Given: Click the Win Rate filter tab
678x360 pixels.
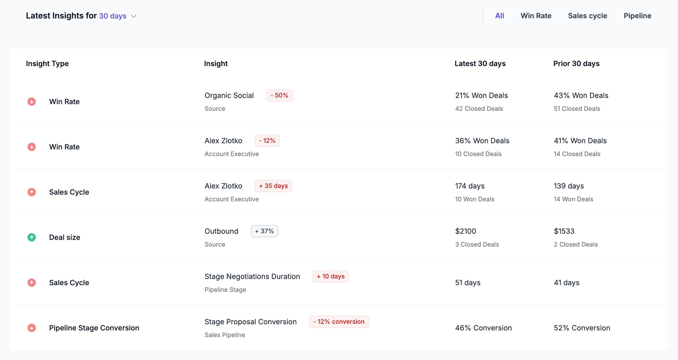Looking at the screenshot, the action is (536, 16).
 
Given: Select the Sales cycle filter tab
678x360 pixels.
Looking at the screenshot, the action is (587, 16).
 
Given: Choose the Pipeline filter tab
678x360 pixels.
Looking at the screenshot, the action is (637, 16).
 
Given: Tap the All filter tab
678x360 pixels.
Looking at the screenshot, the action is (499, 16).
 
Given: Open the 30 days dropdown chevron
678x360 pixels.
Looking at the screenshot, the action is (134, 16).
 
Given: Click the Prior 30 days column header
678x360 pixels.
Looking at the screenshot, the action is (576, 64).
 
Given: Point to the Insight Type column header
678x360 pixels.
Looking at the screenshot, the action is (47, 64).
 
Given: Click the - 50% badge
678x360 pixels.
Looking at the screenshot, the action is (279, 95).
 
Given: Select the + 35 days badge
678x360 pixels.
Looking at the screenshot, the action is (273, 186).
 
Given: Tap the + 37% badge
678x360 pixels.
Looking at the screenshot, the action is (264, 231).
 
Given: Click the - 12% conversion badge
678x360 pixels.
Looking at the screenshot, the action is (339, 322).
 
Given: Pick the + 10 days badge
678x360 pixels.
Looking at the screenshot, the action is (330, 276).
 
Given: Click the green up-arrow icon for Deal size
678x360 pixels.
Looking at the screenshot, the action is (32, 237).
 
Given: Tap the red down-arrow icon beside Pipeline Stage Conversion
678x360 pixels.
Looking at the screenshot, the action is (32, 328).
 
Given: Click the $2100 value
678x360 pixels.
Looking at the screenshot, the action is (466, 231).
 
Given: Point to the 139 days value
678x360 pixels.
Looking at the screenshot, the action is (569, 186).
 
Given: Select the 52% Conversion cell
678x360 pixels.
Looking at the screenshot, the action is (582, 328).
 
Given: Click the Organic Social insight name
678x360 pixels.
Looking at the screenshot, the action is (229, 95).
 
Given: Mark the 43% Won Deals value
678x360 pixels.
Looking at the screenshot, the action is (581, 95).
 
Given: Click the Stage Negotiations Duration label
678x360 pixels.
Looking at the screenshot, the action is (252, 276).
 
